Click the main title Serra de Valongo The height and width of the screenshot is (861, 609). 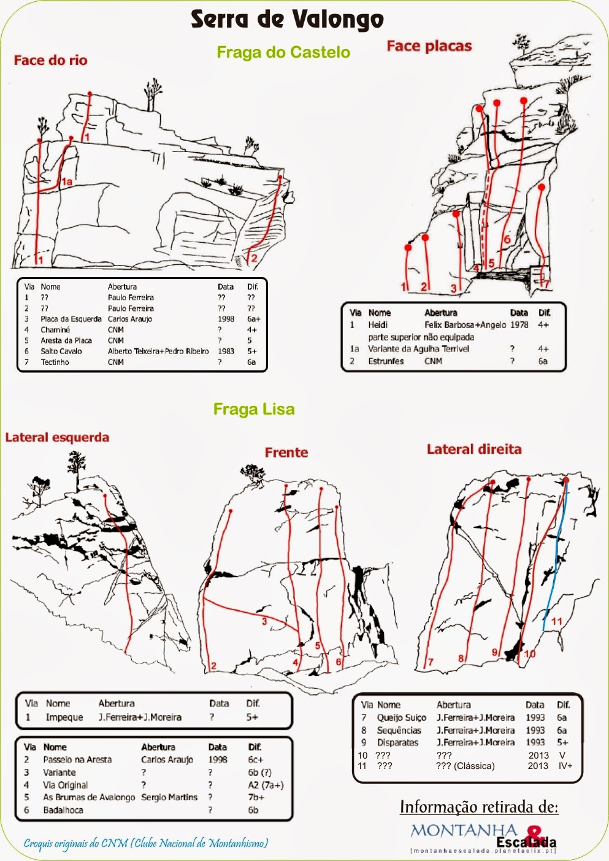click(x=287, y=20)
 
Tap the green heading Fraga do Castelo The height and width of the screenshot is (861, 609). click(x=283, y=52)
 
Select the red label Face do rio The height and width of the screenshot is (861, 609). click(x=50, y=60)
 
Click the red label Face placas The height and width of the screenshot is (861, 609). click(x=429, y=46)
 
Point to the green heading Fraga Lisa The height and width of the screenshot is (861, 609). click(x=254, y=409)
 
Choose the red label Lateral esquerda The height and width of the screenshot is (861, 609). click(x=57, y=437)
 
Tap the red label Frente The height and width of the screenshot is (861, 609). click(x=286, y=453)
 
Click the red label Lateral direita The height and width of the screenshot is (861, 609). click(x=474, y=449)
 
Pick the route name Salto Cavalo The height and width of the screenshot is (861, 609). click(x=61, y=351)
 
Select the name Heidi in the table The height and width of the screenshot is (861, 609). click(x=378, y=325)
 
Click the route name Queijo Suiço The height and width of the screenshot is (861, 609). click(x=402, y=717)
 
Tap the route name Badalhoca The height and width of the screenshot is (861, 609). click(x=63, y=810)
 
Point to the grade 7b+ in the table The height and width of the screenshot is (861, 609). click(x=256, y=797)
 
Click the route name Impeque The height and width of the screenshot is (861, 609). click(x=64, y=717)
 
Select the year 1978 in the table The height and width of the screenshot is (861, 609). click(x=519, y=325)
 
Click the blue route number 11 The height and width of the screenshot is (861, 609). click(x=557, y=621)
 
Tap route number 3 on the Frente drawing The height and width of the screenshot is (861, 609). click(x=264, y=622)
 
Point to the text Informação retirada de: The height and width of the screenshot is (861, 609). click(x=479, y=807)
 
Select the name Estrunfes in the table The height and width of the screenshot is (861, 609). click(x=386, y=361)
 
